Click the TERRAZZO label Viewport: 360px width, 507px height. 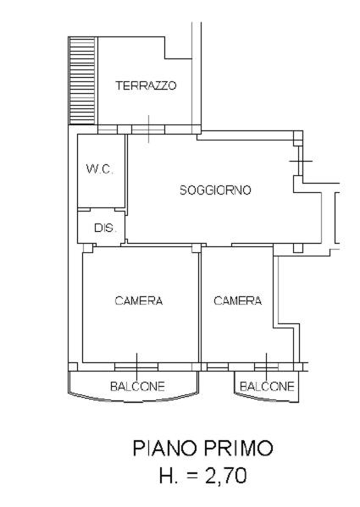146,85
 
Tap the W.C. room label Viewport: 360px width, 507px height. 100,168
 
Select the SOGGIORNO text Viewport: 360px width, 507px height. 215,190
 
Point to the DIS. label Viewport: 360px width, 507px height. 105,228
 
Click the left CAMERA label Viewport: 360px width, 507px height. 139,300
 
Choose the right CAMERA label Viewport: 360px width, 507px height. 238,300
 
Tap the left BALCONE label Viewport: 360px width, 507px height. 137,387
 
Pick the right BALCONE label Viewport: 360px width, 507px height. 267,387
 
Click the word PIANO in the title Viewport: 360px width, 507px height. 164,448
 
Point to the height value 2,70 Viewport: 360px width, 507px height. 225,476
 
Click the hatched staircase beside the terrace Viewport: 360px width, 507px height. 83,80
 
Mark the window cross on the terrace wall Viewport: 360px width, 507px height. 148,129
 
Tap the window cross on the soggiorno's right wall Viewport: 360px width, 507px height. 301,161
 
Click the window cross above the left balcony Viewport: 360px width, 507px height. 136,367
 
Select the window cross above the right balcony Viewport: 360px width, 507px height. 266,367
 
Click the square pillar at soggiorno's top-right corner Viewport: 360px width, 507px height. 298,135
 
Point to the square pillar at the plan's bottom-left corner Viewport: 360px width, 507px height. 73,366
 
